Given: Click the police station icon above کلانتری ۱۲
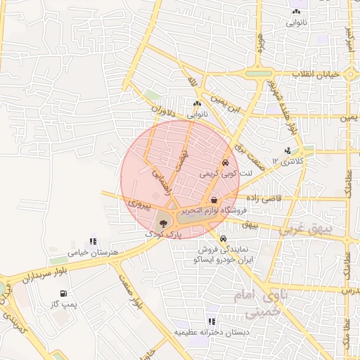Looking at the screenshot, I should click(288, 150).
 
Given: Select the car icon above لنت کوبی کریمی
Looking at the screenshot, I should click(224, 162).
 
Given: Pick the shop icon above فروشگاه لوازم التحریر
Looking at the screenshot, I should click(213, 200).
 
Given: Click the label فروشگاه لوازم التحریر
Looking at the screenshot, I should click(215, 210).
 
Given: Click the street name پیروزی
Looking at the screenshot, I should click(139, 206).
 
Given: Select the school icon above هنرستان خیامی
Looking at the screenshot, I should click(91, 242).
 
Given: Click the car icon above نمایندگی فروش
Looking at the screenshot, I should click(223, 238).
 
